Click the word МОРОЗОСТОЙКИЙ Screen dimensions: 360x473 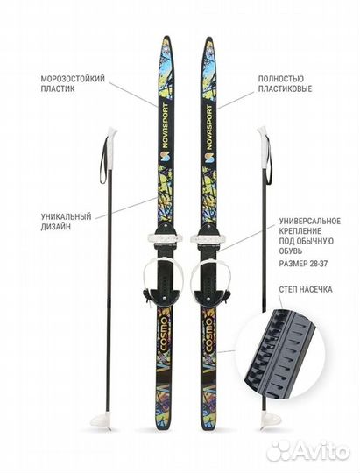(73, 79)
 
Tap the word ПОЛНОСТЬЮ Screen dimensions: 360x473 (281, 79)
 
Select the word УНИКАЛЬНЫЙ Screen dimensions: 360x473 (66, 216)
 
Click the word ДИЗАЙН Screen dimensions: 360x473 (56, 227)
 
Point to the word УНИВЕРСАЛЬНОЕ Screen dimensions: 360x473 (310, 221)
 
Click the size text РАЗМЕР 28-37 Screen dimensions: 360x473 (303, 264)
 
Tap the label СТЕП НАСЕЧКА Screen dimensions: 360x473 (306, 290)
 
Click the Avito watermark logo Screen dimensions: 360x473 (308, 451)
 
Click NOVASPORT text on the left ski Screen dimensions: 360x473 (165, 125)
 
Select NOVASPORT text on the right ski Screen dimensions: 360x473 (209, 127)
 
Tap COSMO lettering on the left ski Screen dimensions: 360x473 (164, 334)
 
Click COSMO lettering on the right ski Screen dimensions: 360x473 (208, 334)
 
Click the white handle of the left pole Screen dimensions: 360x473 (112, 140)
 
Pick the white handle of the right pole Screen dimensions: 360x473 (263, 147)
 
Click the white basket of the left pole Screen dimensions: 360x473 (102, 420)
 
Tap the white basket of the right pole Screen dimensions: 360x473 (271, 420)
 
